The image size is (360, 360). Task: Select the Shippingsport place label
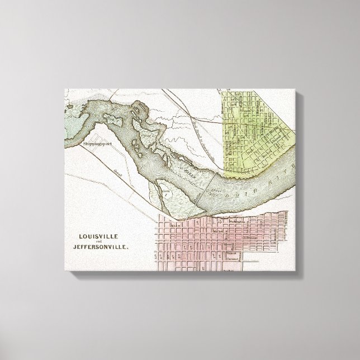(x=94, y=144)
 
